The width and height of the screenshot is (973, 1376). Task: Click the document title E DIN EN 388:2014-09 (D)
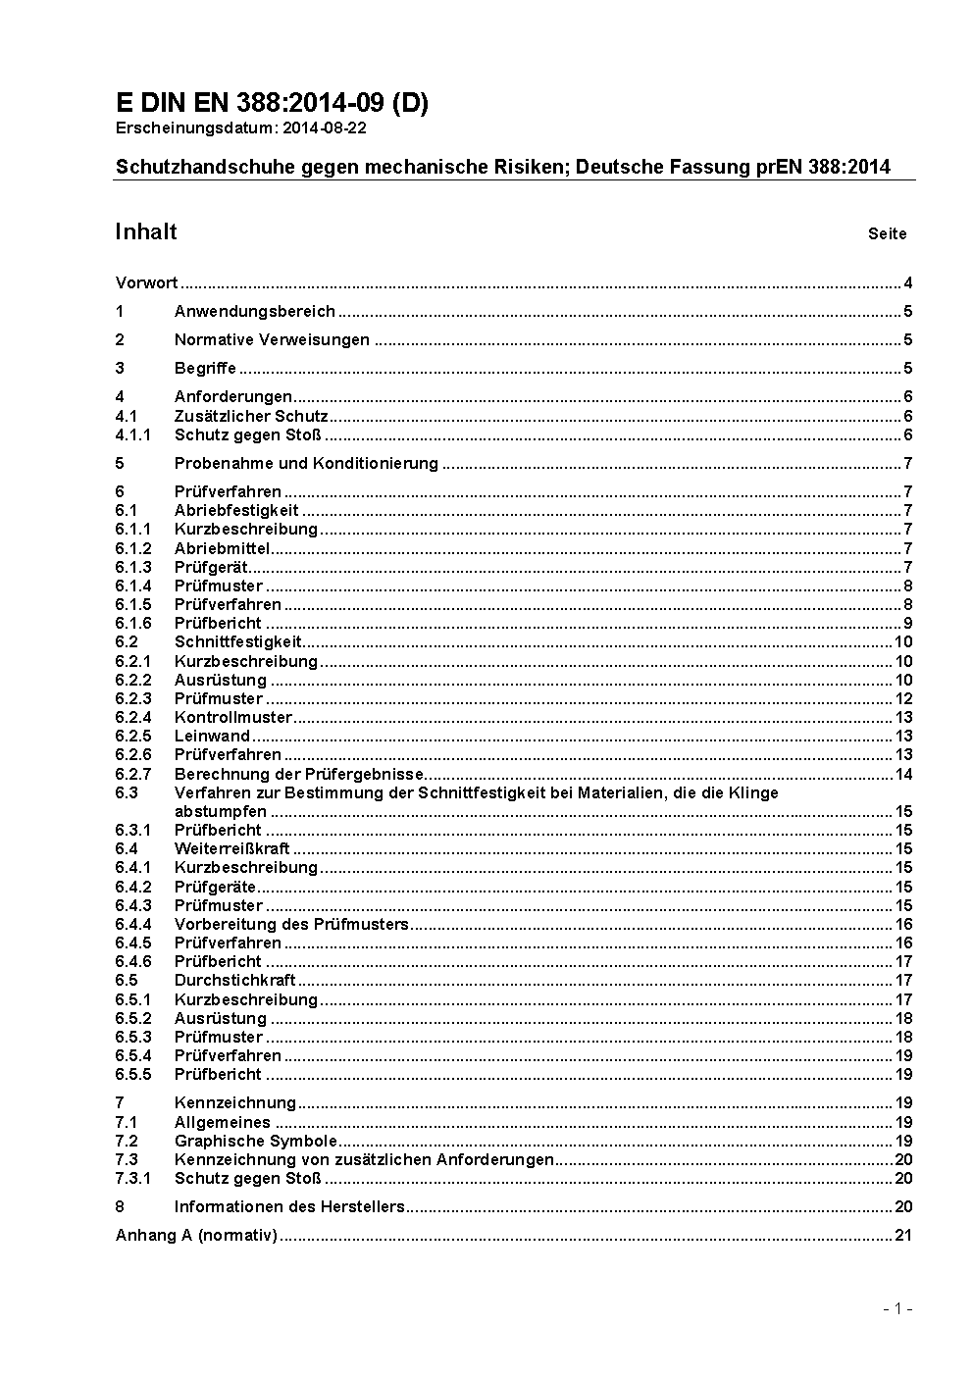click(x=272, y=104)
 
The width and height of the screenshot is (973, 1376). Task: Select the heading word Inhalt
click(x=146, y=231)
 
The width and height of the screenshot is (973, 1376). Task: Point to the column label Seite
click(x=887, y=234)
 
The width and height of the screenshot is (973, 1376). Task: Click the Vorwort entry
click(x=146, y=283)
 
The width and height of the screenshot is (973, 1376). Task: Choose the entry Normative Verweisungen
click(x=272, y=340)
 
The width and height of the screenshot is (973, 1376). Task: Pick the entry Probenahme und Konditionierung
click(x=306, y=463)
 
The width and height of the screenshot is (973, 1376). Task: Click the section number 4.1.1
click(x=132, y=435)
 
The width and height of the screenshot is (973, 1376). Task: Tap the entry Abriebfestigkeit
click(x=236, y=510)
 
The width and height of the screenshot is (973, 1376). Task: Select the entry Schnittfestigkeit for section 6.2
click(x=238, y=642)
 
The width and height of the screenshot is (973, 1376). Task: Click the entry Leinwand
click(x=212, y=737)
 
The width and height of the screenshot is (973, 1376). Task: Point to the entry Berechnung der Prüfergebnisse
click(x=299, y=775)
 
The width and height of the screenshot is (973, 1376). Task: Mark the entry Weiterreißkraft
click(x=231, y=849)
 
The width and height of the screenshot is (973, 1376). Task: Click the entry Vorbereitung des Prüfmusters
click(x=291, y=925)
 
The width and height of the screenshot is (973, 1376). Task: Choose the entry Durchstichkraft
click(x=234, y=981)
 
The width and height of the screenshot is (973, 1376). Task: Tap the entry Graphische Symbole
click(x=256, y=1142)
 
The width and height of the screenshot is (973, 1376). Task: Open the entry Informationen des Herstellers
click(x=289, y=1207)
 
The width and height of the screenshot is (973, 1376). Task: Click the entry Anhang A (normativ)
click(x=196, y=1236)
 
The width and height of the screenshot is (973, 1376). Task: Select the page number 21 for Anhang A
click(x=903, y=1236)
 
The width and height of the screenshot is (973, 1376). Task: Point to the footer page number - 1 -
click(x=897, y=1309)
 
